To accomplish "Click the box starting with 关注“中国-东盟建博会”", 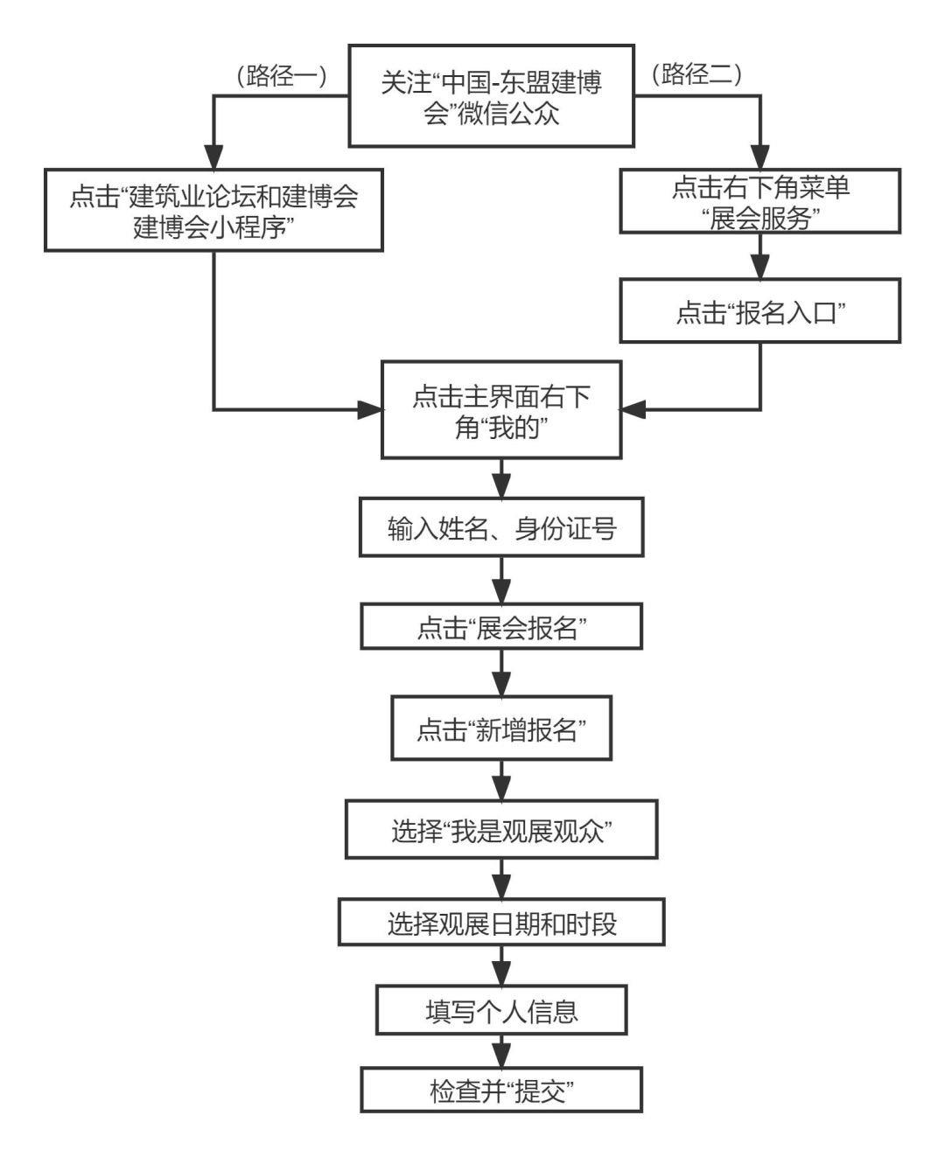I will tap(491, 96).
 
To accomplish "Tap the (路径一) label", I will tap(281, 76).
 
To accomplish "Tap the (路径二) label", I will tap(696, 74).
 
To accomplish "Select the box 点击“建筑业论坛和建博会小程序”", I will tap(213, 211).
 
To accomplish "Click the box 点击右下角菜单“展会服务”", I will tap(759, 202).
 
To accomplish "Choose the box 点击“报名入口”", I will tap(759, 311).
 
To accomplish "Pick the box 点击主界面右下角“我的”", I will tap(500, 410).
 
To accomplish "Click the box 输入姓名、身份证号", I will tap(500, 528).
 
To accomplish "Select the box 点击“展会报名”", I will tap(500, 627).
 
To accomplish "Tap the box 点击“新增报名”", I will tap(500, 728).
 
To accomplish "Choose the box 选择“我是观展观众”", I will tap(500, 830).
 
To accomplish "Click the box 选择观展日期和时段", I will tap(500, 923).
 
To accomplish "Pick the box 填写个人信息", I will tap(500, 1011).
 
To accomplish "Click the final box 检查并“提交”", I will tap(500, 1090).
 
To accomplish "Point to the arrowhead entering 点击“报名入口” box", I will tap(760, 268).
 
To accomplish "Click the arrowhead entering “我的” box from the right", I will tap(633, 409).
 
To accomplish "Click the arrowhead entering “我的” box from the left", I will tap(370, 409).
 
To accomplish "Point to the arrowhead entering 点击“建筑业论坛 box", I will tap(213, 158).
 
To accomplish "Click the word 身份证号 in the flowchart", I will tap(565, 528).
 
